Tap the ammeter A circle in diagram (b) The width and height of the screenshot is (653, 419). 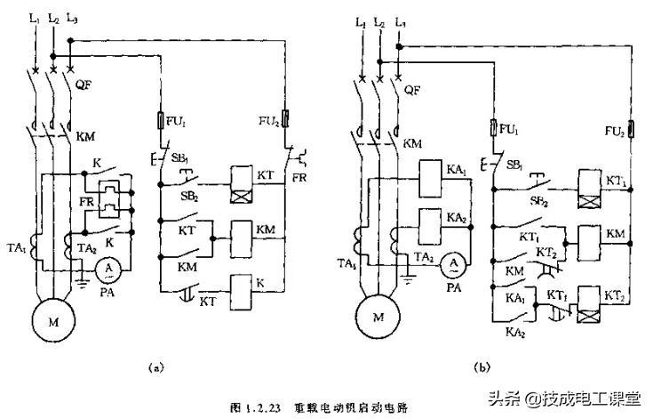pos(453,263)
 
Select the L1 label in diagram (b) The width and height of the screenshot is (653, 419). pos(360,21)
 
